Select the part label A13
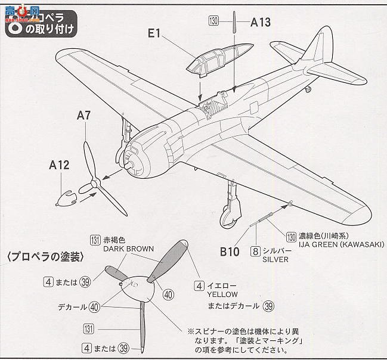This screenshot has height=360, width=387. click(261, 23)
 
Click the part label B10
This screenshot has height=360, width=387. click(228, 252)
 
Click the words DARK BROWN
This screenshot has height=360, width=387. click(128, 249)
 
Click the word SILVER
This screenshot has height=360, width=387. click(274, 260)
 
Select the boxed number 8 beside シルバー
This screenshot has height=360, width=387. click(255, 251)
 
